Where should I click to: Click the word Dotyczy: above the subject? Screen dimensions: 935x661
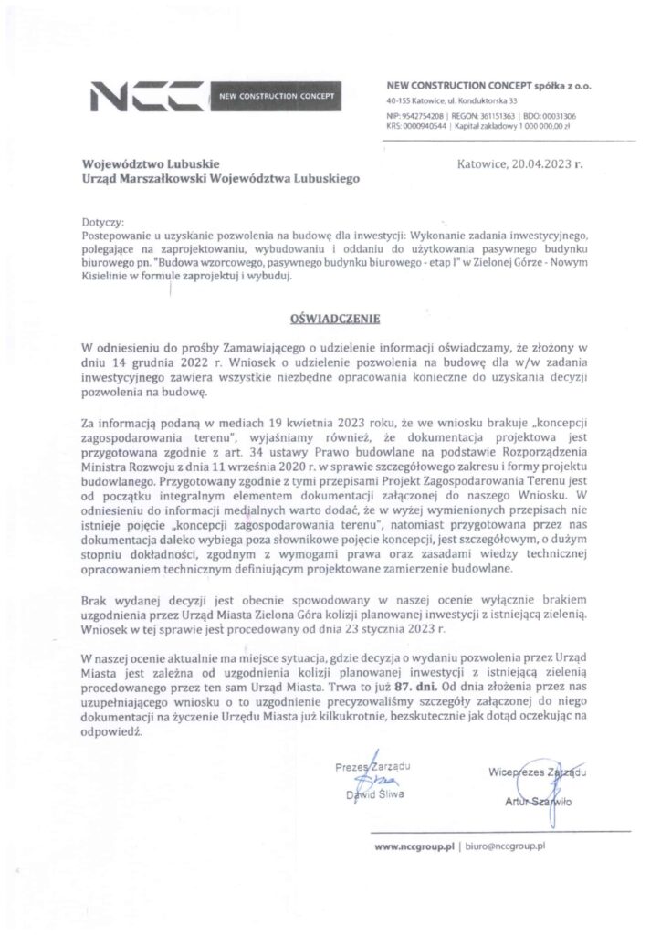(x=101, y=223)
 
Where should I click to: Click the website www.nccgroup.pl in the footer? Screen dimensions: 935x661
(x=414, y=848)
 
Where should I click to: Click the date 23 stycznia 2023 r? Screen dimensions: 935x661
(x=407, y=630)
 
